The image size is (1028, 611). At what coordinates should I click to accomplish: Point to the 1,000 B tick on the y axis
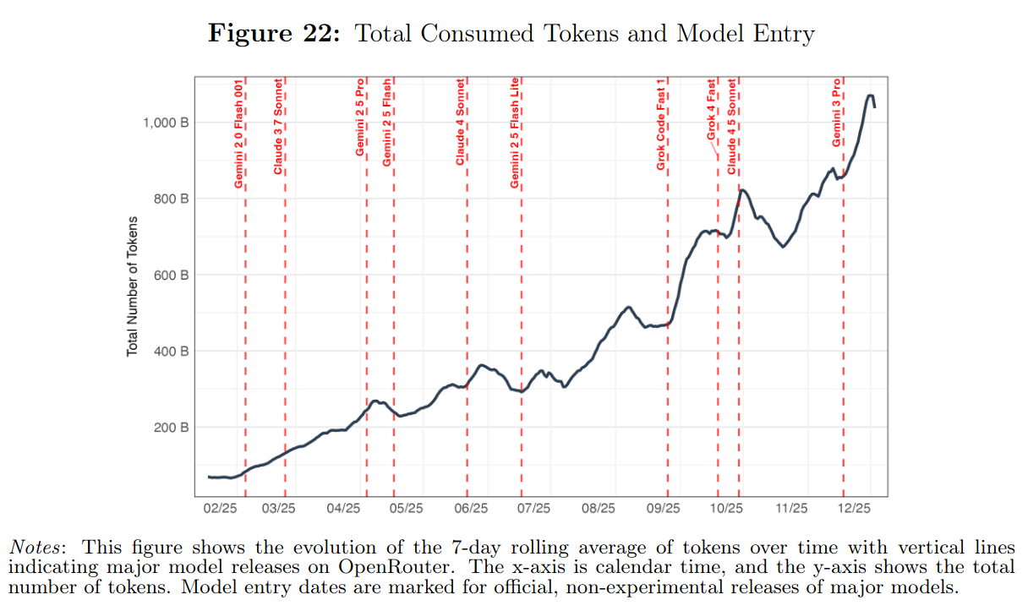[x=166, y=123]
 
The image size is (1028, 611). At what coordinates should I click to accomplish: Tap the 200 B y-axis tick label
[x=172, y=428]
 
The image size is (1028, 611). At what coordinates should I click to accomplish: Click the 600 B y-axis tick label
[x=172, y=275]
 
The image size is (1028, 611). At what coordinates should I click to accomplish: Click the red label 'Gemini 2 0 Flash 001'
[x=239, y=134]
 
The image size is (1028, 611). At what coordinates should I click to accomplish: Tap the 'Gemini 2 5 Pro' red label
[x=360, y=119]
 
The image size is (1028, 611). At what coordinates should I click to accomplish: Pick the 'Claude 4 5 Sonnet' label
[x=732, y=127]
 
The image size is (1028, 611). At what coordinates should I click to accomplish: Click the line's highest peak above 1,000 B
[x=870, y=95]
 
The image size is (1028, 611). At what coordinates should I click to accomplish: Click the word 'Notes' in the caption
[x=40, y=547]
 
